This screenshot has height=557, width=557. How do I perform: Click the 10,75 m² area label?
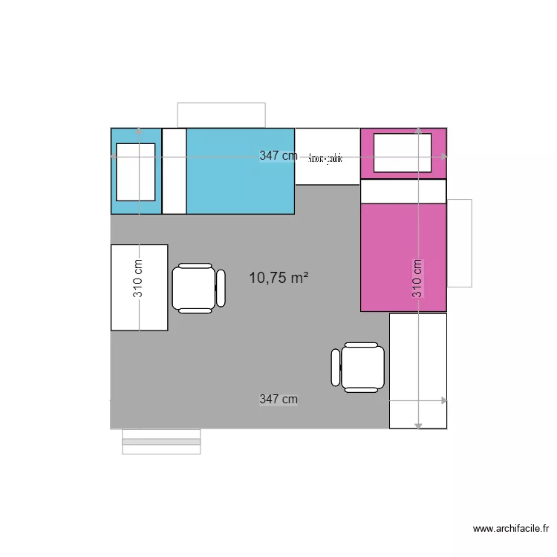point(278,278)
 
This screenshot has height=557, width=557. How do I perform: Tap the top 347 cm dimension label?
point(278,156)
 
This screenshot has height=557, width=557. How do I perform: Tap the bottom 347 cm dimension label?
point(278,400)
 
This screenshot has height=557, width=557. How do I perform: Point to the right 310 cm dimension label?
point(417,278)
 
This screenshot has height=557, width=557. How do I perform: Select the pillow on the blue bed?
point(136,172)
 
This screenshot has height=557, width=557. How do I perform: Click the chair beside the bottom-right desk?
point(359,367)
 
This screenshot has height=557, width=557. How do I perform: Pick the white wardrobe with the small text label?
point(327,157)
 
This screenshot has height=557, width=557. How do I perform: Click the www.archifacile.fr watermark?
point(511,529)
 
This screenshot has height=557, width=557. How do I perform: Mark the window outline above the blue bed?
point(221,114)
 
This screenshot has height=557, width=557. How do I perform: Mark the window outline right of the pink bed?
point(460,243)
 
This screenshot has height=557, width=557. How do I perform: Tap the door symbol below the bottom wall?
point(161,441)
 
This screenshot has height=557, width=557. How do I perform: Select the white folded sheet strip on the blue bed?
point(174,172)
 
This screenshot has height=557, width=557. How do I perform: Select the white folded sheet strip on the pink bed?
point(403,192)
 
